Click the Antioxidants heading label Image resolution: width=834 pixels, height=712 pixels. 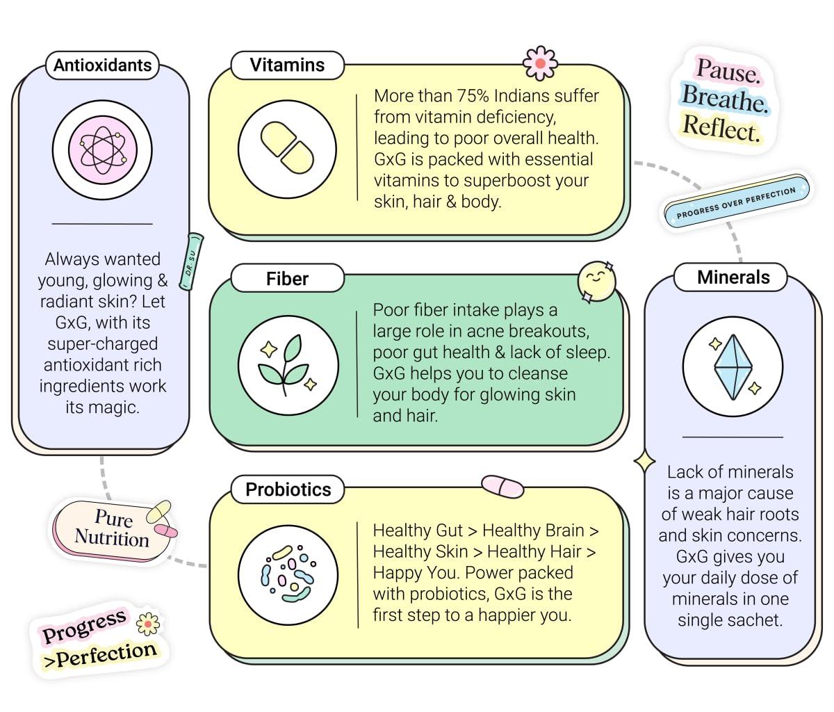(x=102, y=65)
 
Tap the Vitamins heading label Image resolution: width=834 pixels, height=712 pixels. (x=287, y=65)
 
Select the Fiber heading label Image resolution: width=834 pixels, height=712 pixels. (x=287, y=279)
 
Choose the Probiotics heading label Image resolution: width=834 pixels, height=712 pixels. (x=288, y=489)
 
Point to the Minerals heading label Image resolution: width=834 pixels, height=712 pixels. (x=733, y=277)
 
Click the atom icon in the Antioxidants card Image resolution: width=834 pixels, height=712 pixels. (x=102, y=149)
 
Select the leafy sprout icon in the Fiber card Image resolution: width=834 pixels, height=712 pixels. (x=288, y=364)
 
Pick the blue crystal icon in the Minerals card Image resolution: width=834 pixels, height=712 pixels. (x=733, y=367)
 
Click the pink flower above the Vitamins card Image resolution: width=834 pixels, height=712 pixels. (x=540, y=63)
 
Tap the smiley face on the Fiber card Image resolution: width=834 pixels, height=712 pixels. (x=596, y=281)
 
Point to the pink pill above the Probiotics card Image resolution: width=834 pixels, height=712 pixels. (x=502, y=486)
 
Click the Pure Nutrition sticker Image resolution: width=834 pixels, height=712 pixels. (x=111, y=528)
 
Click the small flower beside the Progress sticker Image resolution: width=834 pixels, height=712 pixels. (x=147, y=624)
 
